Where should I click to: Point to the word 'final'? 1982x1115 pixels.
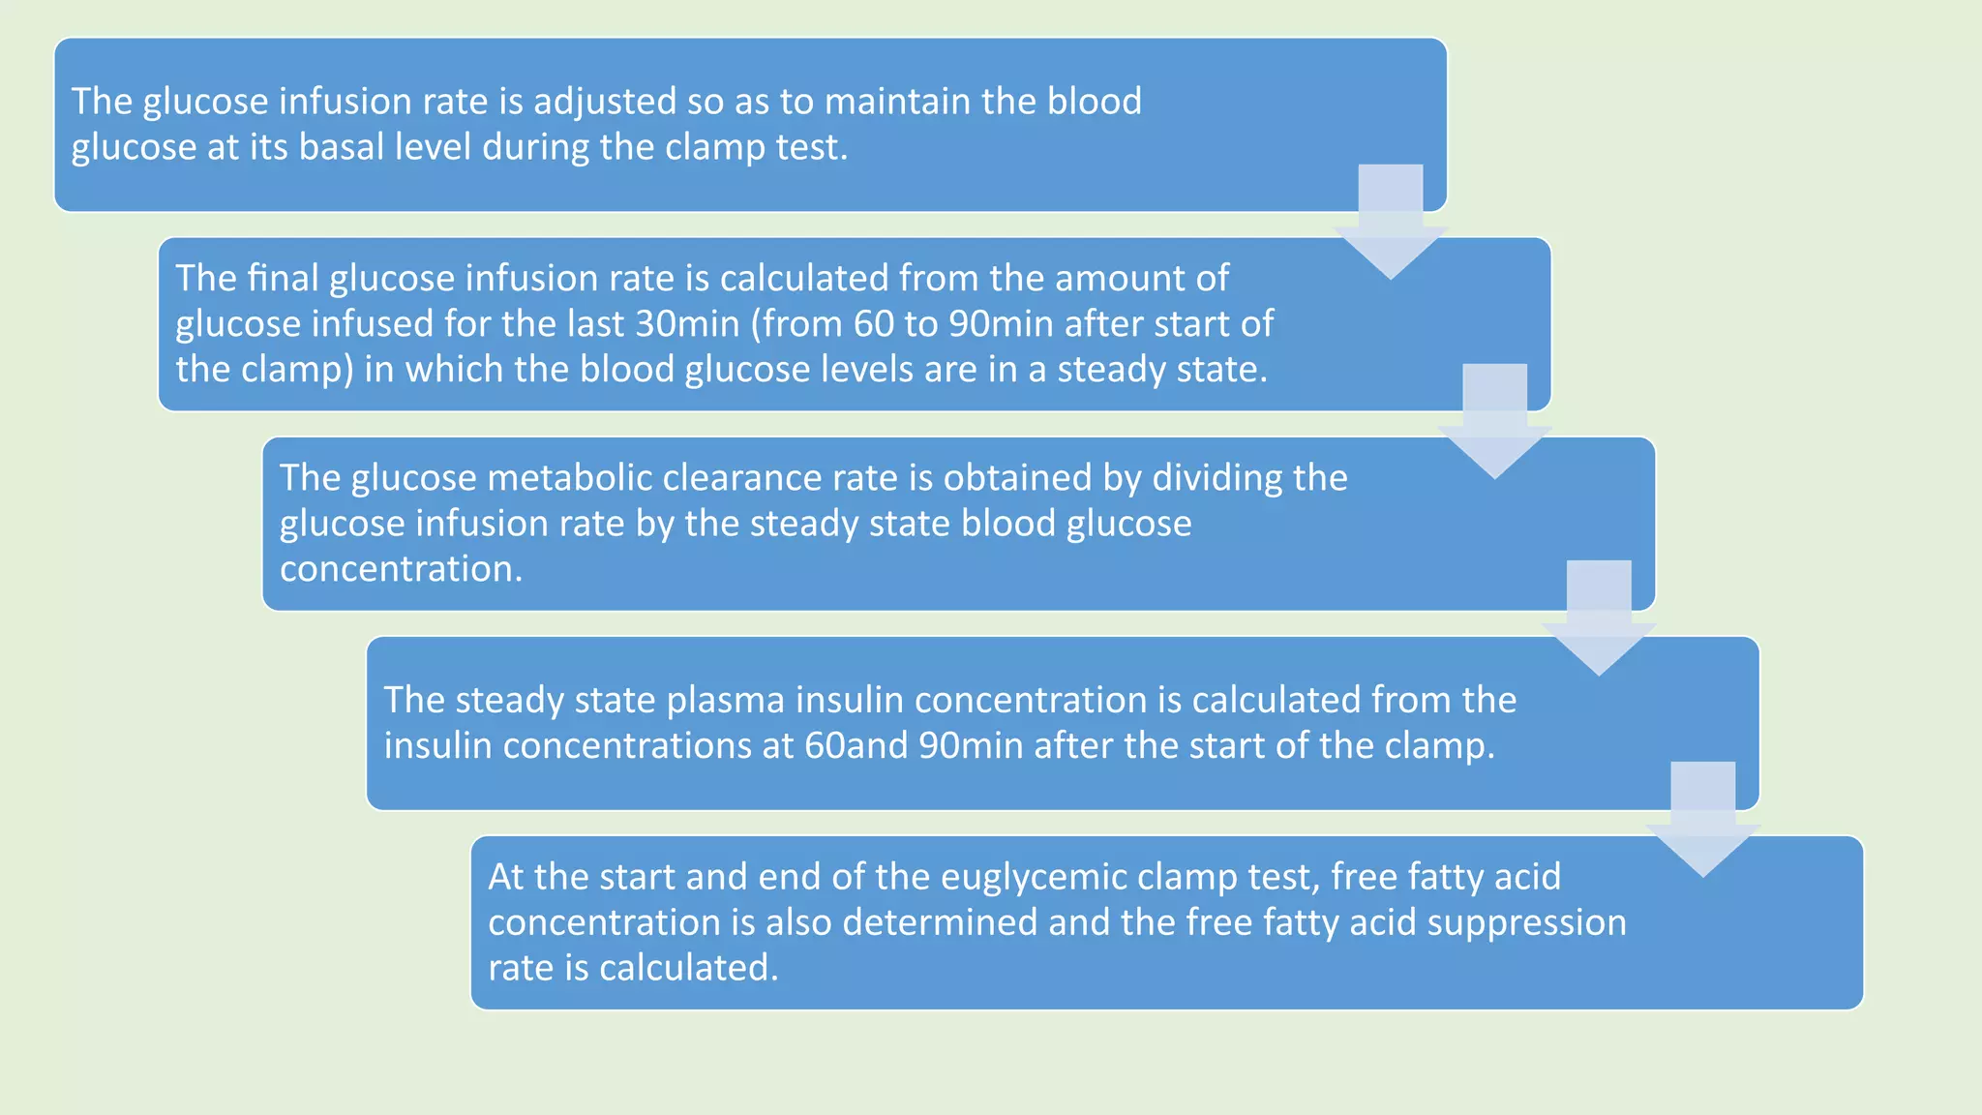pyautogui.click(x=283, y=279)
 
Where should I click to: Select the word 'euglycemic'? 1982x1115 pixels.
pyautogui.click(x=1034, y=877)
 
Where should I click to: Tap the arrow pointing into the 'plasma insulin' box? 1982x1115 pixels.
pyautogui.click(x=1599, y=620)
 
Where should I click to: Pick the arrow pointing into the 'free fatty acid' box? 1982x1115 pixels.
pyautogui.click(x=1702, y=822)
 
